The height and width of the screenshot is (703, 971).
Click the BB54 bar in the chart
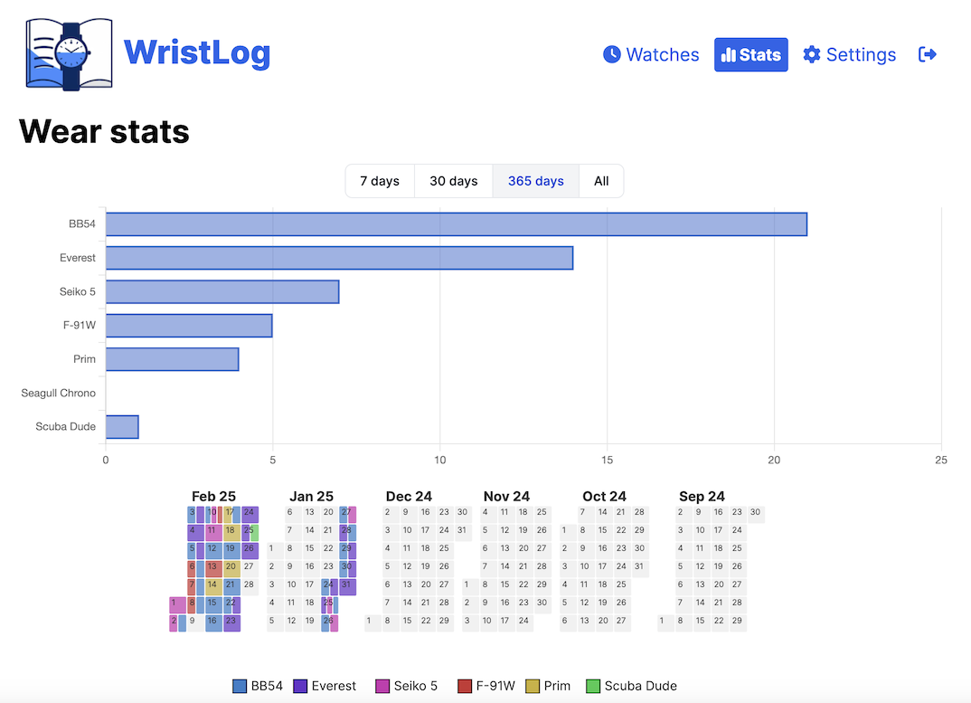click(456, 224)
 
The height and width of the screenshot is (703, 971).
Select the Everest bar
click(339, 258)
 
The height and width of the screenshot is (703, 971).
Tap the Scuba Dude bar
click(122, 426)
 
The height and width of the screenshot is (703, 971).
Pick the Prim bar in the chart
click(172, 359)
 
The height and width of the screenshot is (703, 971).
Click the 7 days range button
click(380, 181)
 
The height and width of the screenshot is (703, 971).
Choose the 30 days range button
click(453, 181)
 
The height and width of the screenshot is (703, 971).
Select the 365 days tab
click(535, 181)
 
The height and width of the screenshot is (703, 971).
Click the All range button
click(601, 181)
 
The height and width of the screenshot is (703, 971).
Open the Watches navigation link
click(651, 55)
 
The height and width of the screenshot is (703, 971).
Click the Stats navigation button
click(750, 55)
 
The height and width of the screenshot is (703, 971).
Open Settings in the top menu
click(850, 55)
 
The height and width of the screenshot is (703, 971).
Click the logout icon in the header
click(927, 55)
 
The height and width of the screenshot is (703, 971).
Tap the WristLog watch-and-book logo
click(70, 54)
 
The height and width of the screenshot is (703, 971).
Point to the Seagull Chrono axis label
click(59, 394)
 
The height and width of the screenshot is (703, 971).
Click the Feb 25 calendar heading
click(213, 497)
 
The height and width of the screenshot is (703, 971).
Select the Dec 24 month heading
click(409, 497)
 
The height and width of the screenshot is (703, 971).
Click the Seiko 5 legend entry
click(406, 686)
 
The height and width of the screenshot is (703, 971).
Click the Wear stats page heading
click(104, 132)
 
